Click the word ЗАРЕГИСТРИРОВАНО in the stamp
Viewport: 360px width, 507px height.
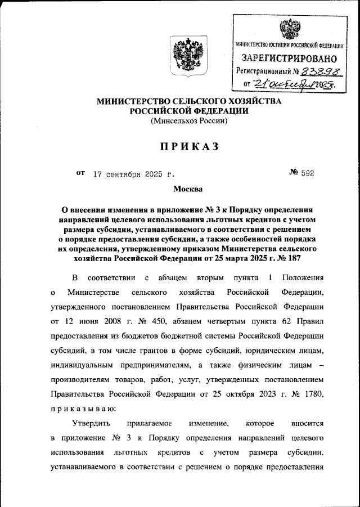[290, 58]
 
